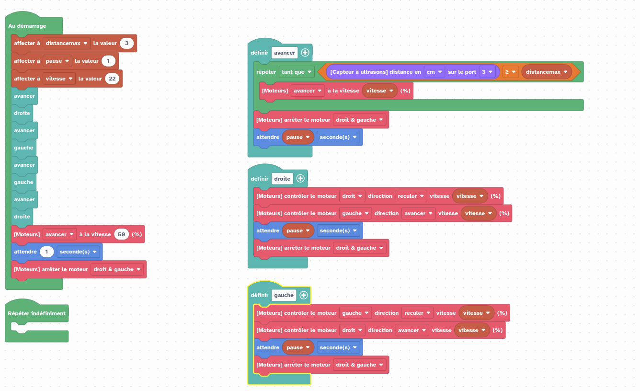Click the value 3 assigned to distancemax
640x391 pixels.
click(126, 43)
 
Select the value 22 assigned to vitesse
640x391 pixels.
click(112, 79)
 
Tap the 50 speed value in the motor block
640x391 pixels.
click(122, 234)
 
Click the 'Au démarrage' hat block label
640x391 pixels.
click(27, 26)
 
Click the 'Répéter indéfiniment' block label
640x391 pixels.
click(36, 313)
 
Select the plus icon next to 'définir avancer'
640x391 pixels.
click(305, 53)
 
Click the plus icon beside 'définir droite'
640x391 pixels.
click(300, 179)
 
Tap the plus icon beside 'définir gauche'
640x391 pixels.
click(303, 295)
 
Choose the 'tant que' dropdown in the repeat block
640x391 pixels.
click(297, 72)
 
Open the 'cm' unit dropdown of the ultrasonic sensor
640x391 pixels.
click(434, 72)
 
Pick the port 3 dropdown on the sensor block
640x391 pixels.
click(487, 72)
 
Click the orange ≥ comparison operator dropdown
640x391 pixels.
click(510, 72)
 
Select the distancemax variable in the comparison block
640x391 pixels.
click(547, 72)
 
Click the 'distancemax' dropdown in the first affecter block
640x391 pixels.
click(66, 43)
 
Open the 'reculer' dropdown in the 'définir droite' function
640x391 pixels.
click(411, 196)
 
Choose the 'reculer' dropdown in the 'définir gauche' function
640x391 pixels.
click(417, 313)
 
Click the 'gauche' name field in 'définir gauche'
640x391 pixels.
click(284, 295)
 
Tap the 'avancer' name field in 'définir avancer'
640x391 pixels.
click(285, 53)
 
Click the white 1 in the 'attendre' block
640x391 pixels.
click(46, 252)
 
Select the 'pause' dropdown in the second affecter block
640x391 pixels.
click(57, 61)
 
